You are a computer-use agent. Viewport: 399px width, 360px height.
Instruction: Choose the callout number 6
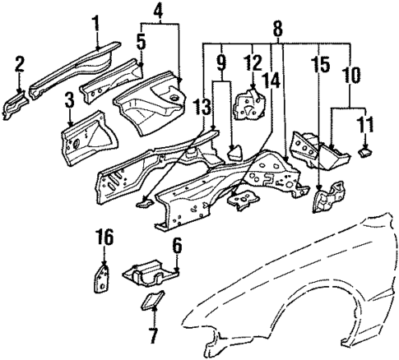(176, 245)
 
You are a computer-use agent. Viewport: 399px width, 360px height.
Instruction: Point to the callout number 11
(364, 125)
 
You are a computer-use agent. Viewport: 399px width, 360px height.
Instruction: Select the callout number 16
(102, 238)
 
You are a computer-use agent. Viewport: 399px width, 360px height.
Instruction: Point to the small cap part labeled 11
(365, 150)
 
